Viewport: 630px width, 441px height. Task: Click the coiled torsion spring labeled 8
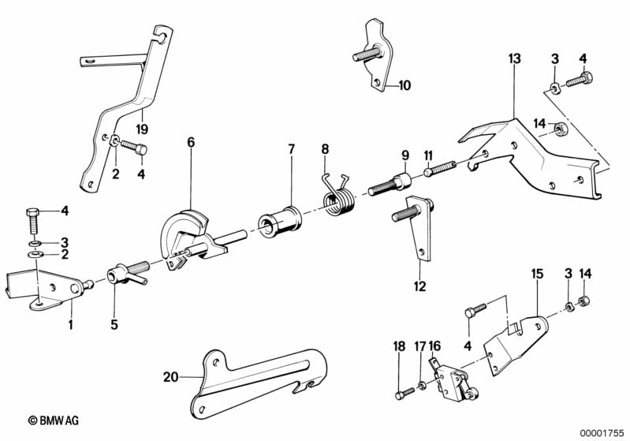[338, 197]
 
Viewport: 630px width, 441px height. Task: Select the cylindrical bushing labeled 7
[280, 222]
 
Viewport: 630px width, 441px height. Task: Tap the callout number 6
[191, 142]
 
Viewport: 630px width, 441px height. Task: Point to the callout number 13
[514, 58]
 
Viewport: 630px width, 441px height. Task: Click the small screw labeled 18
[404, 393]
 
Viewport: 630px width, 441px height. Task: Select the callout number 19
[142, 129]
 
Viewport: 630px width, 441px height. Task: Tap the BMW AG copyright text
[54, 420]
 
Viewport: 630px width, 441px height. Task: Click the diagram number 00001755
[602, 433]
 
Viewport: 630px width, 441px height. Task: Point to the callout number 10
[404, 85]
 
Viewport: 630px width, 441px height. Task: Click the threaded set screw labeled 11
[440, 170]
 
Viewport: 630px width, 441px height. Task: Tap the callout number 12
[419, 286]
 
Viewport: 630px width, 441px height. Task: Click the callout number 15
[537, 274]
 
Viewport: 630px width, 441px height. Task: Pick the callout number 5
[114, 324]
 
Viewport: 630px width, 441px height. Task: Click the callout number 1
[71, 324]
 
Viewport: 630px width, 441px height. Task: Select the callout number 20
[170, 377]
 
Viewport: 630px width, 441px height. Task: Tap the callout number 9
[405, 155]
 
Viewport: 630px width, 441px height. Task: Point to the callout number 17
[419, 346]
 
